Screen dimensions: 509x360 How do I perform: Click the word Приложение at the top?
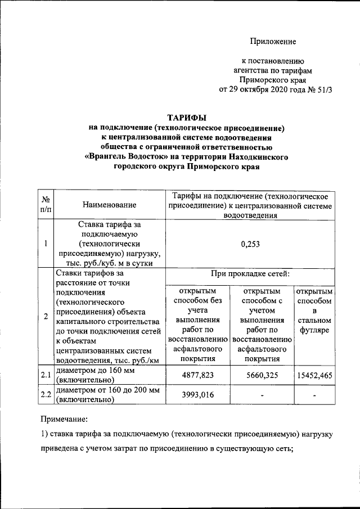pos(273,42)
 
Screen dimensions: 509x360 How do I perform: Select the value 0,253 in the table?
pos(250,244)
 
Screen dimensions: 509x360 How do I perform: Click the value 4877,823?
pos(196,375)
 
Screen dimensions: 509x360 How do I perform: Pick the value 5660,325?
pos(260,375)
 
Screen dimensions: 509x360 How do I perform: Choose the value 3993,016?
pos(196,394)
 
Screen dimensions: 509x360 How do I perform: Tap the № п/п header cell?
pos(45,205)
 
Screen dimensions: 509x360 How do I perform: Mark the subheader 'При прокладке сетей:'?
pos(250,274)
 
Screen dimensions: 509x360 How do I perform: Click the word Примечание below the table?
pos(64,418)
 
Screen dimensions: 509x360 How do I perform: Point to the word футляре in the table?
pos(314,332)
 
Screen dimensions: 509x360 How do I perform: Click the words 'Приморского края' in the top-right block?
pos(273,80)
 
